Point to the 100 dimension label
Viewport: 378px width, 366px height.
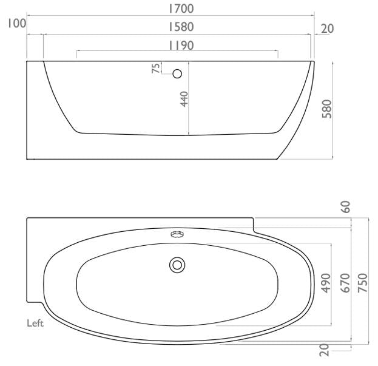point(13,24)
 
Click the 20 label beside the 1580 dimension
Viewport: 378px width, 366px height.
point(328,29)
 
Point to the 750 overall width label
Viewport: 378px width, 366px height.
point(363,283)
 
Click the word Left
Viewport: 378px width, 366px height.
point(35,324)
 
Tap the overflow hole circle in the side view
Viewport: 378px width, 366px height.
point(178,74)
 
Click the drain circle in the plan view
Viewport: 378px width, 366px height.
point(177,264)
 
